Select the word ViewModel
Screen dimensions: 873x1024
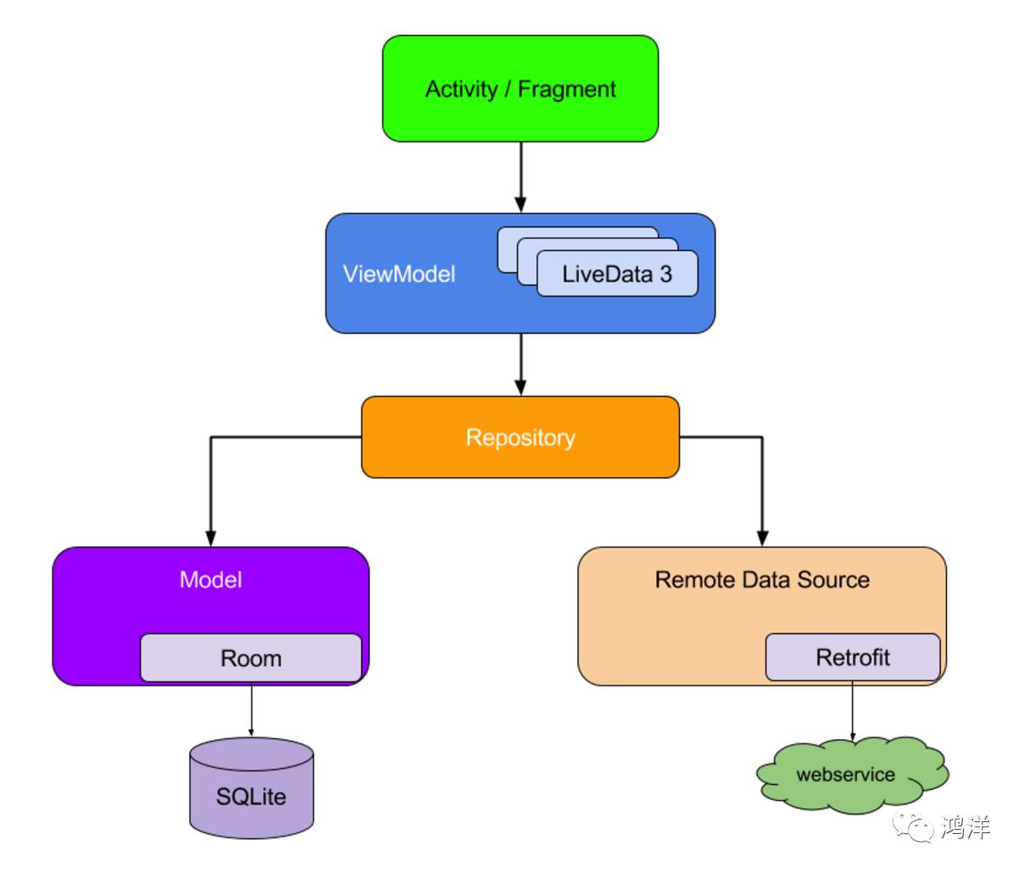point(398,274)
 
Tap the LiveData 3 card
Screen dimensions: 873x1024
point(616,274)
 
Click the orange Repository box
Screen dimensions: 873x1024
point(520,437)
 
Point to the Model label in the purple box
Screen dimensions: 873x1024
point(210,580)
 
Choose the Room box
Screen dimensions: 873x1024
point(250,658)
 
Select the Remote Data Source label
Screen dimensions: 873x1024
point(761,580)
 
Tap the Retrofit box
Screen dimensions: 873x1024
point(852,657)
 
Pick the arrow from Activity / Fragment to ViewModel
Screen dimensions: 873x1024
point(520,174)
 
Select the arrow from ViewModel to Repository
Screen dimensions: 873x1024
point(520,363)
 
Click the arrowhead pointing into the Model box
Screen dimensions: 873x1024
point(210,537)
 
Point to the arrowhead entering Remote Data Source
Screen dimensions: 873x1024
point(762,537)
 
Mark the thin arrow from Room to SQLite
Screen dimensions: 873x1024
point(251,710)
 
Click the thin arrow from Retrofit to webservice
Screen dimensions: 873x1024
point(853,710)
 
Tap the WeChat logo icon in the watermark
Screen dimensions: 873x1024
point(914,826)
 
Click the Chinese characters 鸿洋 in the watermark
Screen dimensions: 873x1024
point(966,826)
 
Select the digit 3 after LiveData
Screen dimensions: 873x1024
point(665,274)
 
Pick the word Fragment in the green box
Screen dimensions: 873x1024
point(566,89)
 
